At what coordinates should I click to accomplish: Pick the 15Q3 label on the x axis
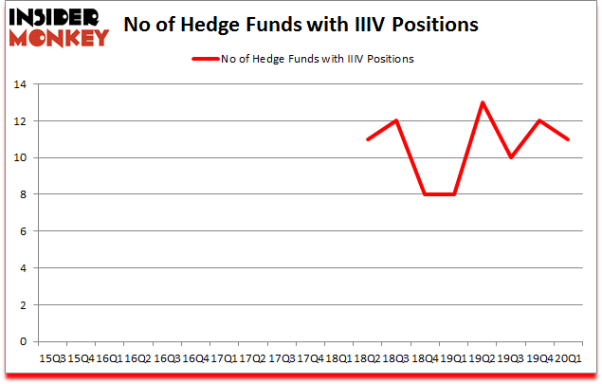[x=51, y=358]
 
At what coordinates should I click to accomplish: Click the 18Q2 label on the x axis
[x=367, y=358]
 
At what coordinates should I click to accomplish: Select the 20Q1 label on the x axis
[x=568, y=358]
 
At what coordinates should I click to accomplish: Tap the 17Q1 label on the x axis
[x=224, y=358]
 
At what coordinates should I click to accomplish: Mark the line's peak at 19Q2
[x=482, y=102]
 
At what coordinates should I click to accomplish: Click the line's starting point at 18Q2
[x=367, y=139]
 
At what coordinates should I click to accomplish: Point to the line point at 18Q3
[x=395, y=120]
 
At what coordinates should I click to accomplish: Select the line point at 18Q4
[x=425, y=194]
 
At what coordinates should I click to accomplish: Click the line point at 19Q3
[x=511, y=157]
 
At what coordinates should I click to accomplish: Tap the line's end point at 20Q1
[x=568, y=139]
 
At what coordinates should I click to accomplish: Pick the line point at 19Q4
[x=539, y=120]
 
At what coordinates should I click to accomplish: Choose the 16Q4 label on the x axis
[x=194, y=358]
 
